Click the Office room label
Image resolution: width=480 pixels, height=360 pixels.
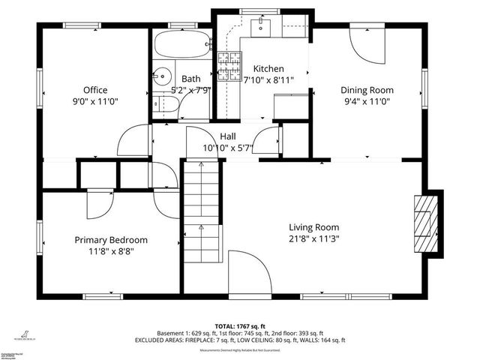pyautogui.click(x=94, y=90)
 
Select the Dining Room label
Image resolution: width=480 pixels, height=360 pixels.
pyautogui.click(x=368, y=90)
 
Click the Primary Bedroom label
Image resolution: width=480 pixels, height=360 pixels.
pyautogui.click(x=110, y=240)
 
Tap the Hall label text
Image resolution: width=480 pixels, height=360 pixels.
pyautogui.click(x=228, y=136)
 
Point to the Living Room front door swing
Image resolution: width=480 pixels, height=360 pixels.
pyautogui.click(x=249, y=271)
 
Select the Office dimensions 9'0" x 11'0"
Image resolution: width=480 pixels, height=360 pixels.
pyautogui.click(x=94, y=100)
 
